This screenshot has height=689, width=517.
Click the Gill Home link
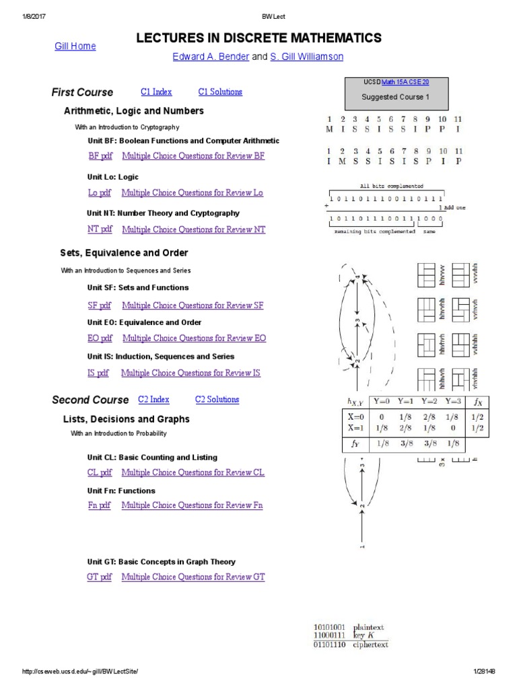click(x=75, y=46)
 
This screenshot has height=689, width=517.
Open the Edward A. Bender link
click(x=211, y=57)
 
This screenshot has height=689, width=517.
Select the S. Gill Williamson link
click(x=306, y=57)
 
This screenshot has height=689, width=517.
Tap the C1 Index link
click(x=156, y=92)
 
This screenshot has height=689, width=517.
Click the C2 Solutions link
click(x=217, y=400)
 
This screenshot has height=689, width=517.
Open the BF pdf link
click(x=100, y=157)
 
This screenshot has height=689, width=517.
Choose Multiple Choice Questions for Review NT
click(x=194, y=229)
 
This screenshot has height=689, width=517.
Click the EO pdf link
click(x=100, y=338)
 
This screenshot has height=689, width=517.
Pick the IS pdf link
click(x=98, y=373)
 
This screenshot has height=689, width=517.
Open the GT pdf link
click(x=100, y=577)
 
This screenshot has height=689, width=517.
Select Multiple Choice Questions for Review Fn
click(x=192, y=505)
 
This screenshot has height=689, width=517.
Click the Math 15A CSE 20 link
click(x=405, y=82)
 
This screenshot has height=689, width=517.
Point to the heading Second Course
click(x=90, y=400)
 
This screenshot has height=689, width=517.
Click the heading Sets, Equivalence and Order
click(x=125, y=253)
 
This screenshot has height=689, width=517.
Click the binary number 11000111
click(x=330, y=636)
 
